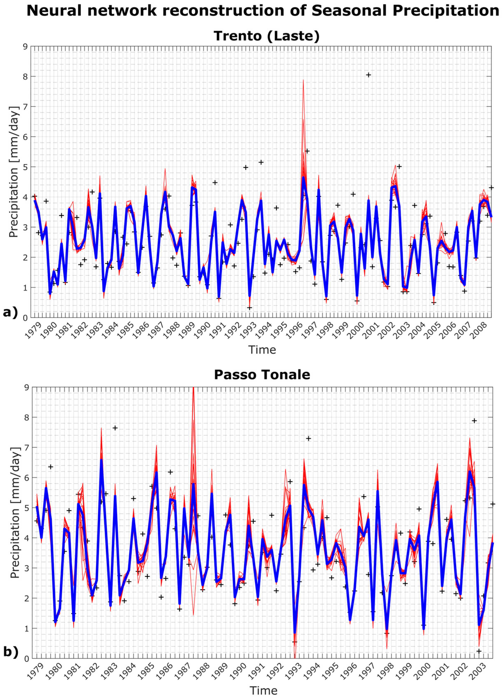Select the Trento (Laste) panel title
pyautogui.click(x=267, y=36)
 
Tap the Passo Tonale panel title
pyautogui.click(x=262, y=375)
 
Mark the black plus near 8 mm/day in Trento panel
pyautogui.click(x=368, y=75)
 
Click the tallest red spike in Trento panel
pyautogui.click(x=303, y=81)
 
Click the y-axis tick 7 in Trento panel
pyautogui.click(x=25, y=107)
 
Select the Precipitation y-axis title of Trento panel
pyautogui.click(x=14, y=172)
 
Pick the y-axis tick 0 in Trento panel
pyautogui.click(x=25, y=318)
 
